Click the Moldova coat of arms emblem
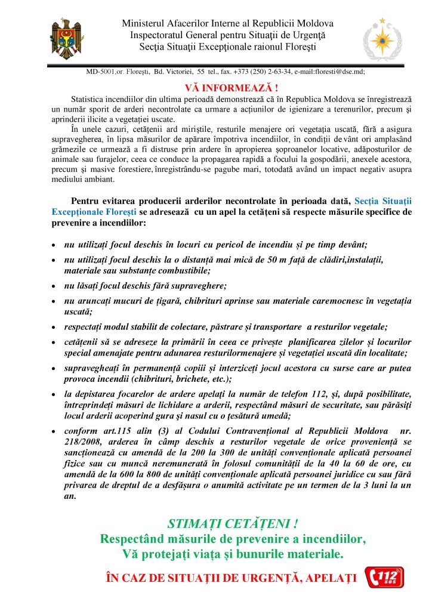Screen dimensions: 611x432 pos(67,38)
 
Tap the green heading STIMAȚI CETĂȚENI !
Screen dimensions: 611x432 pos(233,524)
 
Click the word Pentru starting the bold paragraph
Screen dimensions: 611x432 pos(85,201)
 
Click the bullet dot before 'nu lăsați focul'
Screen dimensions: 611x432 pos(54,286)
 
